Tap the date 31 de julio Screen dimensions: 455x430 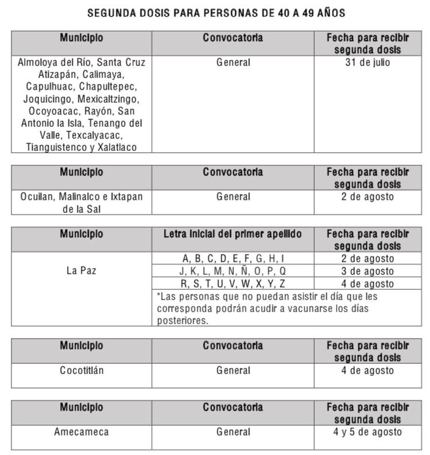click(x=368, y=62)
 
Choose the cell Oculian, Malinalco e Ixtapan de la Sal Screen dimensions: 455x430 click(x=81, y=202)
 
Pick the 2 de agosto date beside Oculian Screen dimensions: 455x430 click(x=368, y=197)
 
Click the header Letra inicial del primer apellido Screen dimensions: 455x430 click(x=233, y=234)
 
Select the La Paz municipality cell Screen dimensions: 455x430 click(x=81, y=271)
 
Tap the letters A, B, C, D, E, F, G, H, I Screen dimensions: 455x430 click(x=233, y=259)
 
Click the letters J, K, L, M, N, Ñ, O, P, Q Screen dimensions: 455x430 click(x=233, y=271)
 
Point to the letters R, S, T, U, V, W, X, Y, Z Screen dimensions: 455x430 click(x=233, y=283)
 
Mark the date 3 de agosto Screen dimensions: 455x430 click(x=368, y=271)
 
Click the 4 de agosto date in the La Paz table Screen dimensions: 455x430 click(x=368, y=283)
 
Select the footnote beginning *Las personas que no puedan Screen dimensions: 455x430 click(x=267, y=309)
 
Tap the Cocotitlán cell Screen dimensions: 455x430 click(x=81, y=371)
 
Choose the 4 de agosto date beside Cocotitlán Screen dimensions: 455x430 click(x=368, y=371)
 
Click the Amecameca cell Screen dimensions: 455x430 click(x=81, y=432)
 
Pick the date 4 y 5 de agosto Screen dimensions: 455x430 click(x=368, y=432)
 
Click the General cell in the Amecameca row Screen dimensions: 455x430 click(x=233, y=432)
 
